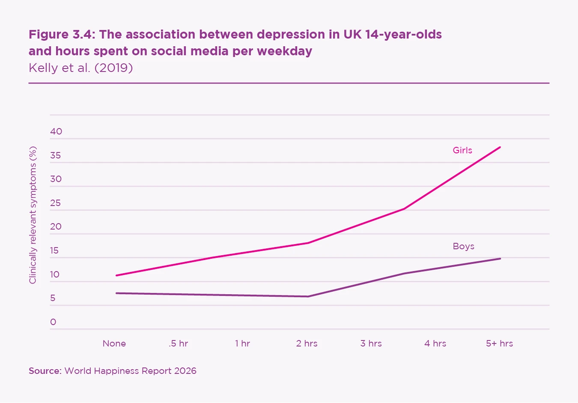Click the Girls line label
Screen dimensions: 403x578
[x=462, y=150]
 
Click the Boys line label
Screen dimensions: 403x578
[x=463, y=246]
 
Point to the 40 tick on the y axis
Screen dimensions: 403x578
[x=56, y=131]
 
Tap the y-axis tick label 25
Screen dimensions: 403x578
[x=55, y=203]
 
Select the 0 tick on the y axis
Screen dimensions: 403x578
[x=53, y=322]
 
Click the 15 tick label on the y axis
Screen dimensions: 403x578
[x=54, y=251]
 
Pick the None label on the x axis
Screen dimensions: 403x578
[x=114, y=343]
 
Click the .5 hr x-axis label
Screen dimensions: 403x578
[x=178, y=343]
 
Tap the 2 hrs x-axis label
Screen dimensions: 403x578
[x=307, y=343]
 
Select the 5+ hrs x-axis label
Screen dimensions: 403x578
[x=499, y=343]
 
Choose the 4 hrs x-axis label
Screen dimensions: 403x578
[x=435, y=343]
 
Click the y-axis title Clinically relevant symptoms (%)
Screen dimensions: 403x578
[x=33, y=215]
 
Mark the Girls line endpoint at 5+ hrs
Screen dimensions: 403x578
[x=500, y=147]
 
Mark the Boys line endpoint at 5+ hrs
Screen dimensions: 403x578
[x=500, y=259]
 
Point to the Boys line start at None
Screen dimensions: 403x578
[x=116, y=293]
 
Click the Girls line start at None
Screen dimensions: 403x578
[x=116, y=275]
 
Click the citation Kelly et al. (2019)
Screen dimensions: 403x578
[x=80, y=68]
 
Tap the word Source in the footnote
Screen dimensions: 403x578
[x=45, y=371]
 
